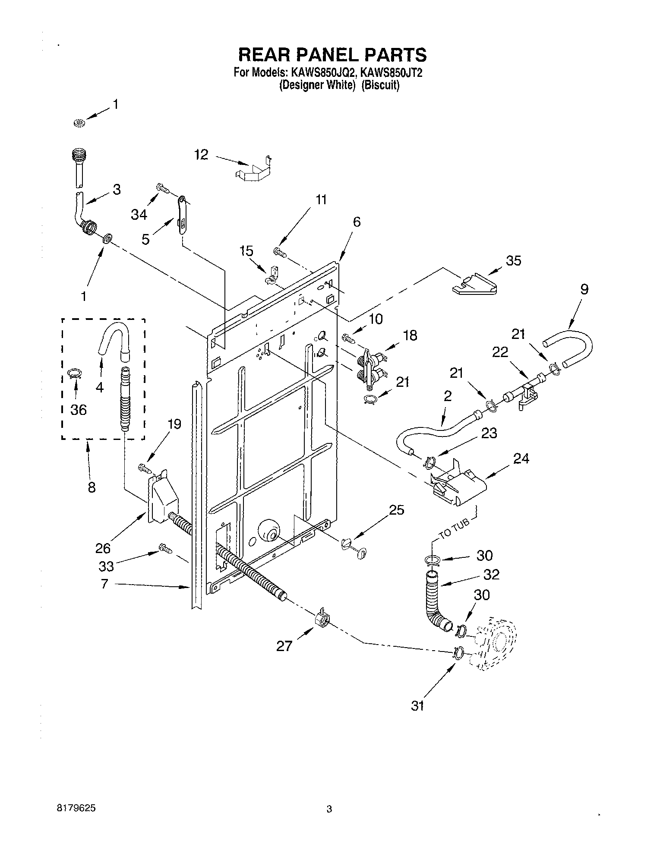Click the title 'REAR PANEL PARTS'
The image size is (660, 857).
[x=332, y=55]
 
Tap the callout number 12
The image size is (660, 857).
[x=201, y=155]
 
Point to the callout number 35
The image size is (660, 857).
[x=513, y=260]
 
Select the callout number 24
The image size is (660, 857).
[x=521, y=459]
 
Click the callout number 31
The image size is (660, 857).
[x=417, y=706]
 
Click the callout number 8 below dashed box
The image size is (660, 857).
[x=92, y=487]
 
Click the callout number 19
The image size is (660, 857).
[x=174, y=424]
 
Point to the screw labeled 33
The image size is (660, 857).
[x=165, y=549]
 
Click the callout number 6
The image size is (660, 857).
[x=356, y=222]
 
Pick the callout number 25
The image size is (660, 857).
[x=397, y=510]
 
